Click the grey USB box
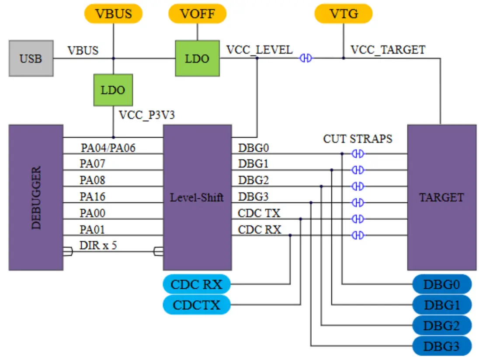pos(31,58)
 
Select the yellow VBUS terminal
pos(114,14)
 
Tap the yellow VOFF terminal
pos(198,14)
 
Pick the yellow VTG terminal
pos(344,14)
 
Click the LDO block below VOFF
pos(197,59)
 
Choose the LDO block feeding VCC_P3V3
pos(113,90)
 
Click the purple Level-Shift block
pos(197,197)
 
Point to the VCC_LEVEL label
pos(260,49)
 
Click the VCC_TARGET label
pos(388,49)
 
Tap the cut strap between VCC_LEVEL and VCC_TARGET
pos(306,58)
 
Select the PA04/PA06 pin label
pos(108,148)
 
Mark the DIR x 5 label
pos(98,245)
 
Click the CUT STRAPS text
pos(358,139)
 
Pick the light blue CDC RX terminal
pos(196,285)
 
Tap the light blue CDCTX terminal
pos(196,305)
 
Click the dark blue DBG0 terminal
pos(441,285)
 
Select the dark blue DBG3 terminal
pos(441,346)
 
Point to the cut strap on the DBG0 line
pos(358,154)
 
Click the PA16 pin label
pos(92,197)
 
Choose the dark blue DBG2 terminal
pos(441,325)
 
